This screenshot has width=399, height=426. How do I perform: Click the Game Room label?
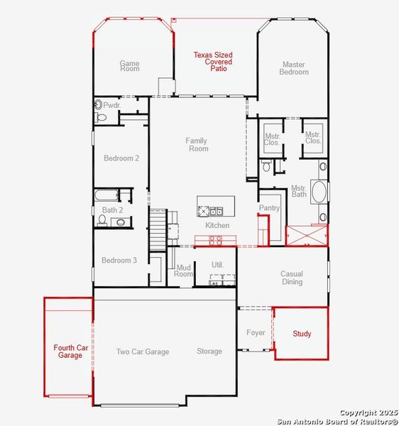(129, 66)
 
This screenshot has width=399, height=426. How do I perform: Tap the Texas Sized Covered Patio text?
(214, 62)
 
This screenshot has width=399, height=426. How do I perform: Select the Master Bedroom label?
(294, 68)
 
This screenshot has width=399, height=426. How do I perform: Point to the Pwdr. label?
(112, 105)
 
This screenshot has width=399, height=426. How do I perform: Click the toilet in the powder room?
(98, 105)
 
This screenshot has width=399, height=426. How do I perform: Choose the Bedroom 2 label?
(121, 158)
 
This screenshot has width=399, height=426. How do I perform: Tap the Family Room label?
(197, 145)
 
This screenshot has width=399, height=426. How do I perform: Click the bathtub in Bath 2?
(105, 195)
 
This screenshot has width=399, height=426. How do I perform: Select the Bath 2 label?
(112, 210)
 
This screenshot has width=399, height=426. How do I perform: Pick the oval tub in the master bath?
(319, 192)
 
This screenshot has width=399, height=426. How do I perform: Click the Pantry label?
(270, 208)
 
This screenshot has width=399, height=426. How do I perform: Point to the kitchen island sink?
(215, 210)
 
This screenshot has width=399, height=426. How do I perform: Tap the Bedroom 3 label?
(119, 261)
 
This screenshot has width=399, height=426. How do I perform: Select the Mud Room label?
(184, 271)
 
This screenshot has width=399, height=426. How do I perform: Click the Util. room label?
(217, 265)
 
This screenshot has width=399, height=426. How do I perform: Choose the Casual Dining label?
(292, 278)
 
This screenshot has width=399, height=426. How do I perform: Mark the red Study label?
(302, 334)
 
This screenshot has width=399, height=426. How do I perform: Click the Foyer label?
(256, 332)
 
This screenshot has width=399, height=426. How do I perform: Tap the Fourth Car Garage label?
(71, 351)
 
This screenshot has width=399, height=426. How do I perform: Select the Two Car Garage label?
(143, 351)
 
